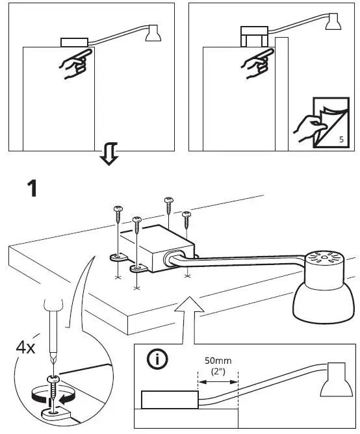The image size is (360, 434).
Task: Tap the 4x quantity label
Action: (x=25, y=347)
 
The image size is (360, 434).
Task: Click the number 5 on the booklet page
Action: (x=342, y=140)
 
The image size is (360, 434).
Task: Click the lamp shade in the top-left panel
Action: (x=153, y=34)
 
